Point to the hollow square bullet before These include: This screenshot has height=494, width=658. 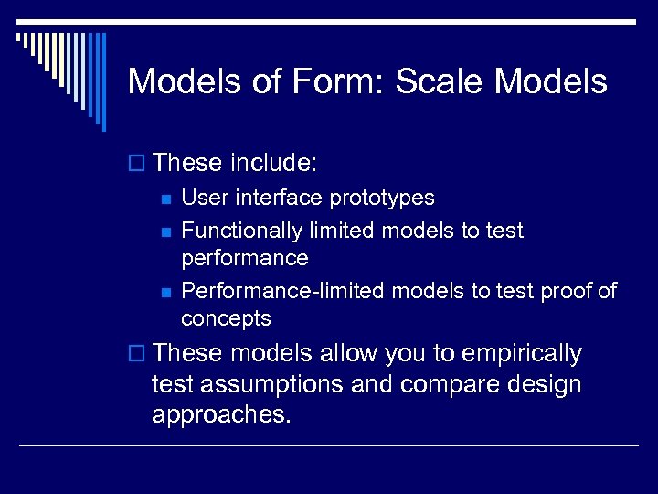[x=138, y=164]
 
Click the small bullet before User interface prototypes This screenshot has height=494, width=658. [x=164, y=199]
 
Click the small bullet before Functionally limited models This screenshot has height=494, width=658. [x=164, y=231]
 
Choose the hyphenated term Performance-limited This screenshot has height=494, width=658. [x=284, y=291]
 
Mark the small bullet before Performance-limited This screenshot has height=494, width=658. [x=164, y=292]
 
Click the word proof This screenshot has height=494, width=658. [x=562, y=291]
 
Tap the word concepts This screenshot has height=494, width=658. [x=226, y=318]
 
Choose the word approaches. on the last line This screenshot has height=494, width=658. [x=221, y=414]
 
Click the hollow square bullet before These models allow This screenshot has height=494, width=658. [x=138, y=354]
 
